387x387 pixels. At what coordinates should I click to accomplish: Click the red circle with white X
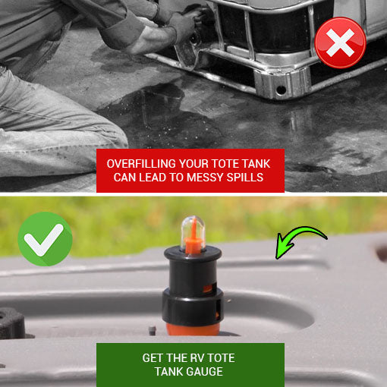[x=340, y=42]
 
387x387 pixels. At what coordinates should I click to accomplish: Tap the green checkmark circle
[x=45, y=239]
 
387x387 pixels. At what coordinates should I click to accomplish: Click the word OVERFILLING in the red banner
[x=141, y=164]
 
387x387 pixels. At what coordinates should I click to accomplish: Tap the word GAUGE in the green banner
[x=204, y=372]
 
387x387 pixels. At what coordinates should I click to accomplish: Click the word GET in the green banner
[x=153, y=358]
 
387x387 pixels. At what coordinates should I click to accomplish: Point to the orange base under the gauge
[x=193, y=329]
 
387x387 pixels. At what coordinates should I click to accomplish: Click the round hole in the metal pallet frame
[x=281, y=90]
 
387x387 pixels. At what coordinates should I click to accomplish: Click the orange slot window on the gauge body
[x=209, y=288]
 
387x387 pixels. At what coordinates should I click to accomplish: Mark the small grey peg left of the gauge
[x=152, y=330]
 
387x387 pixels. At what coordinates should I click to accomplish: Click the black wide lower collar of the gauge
[x=193, y=307]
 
